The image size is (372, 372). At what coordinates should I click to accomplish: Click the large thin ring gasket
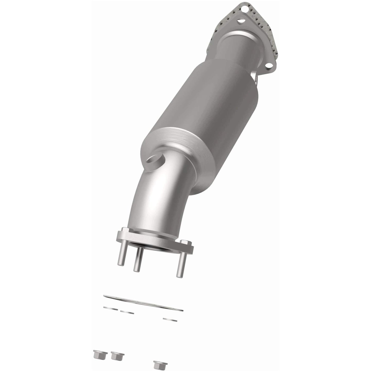click(143, 302)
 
